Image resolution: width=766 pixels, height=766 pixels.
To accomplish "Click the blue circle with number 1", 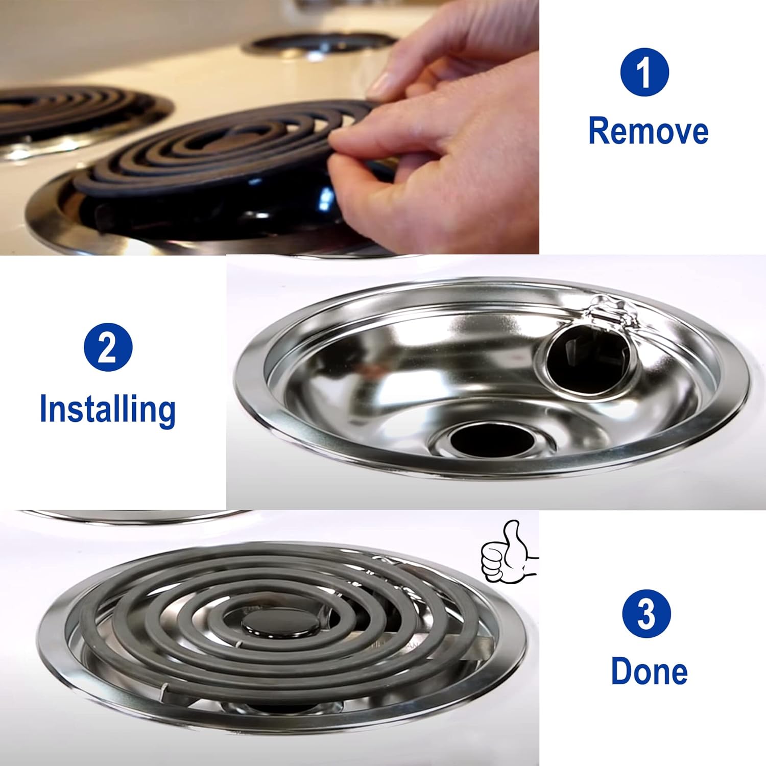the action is click(644, 72).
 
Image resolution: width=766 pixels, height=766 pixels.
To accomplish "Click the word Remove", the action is click(649, 131).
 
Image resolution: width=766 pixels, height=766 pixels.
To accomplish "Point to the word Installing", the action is click(108, 410).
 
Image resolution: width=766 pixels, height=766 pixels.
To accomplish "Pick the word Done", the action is click(650, 671).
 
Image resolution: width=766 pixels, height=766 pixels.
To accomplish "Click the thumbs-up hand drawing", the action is click(506, 552).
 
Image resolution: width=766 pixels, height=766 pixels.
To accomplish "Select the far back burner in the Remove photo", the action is click(319, 43).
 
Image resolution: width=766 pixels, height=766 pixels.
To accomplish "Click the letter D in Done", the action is click(621, 671).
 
